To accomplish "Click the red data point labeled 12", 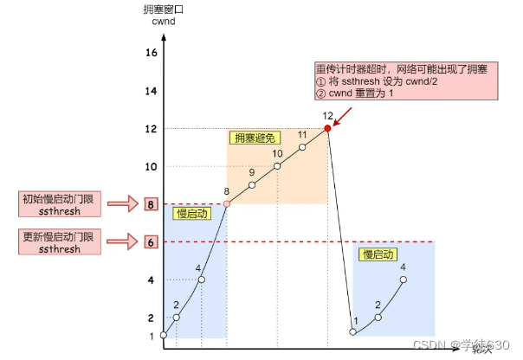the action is coord(327,128).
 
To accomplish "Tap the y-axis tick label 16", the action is coord(151,54).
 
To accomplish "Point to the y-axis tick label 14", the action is coord(151,91).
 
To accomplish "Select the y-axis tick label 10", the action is coord(151,166).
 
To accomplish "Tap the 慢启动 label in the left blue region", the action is coord(193,213).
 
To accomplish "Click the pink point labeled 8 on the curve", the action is coord(227,204).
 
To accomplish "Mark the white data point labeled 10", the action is coord(277,165).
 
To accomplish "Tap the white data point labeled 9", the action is coord(252,184).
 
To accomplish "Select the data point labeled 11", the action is coord(302,147).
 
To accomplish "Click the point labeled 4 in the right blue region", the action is coord(403,280).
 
